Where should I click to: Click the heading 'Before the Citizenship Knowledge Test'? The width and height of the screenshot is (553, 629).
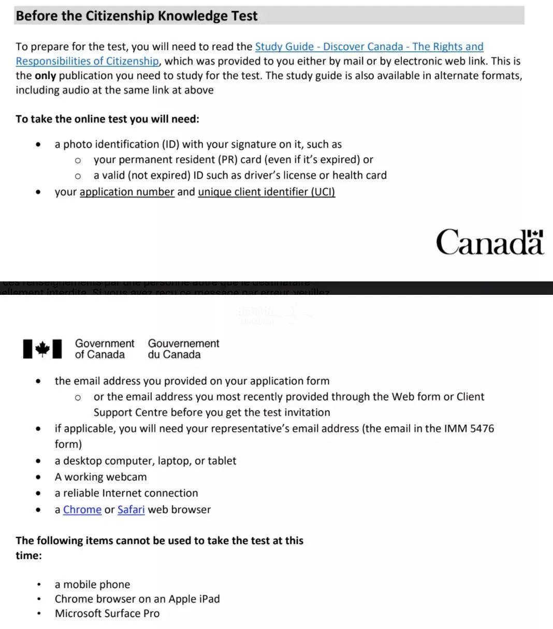137,16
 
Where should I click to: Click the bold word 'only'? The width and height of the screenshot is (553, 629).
45,76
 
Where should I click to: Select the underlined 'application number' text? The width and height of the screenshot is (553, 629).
127,192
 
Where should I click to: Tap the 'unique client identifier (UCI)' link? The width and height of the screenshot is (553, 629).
266,192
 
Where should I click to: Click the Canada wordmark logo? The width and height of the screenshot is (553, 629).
489,242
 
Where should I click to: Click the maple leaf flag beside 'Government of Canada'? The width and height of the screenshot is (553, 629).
42,349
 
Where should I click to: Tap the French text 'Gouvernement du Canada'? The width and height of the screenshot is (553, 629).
183,349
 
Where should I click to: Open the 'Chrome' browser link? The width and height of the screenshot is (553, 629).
82,510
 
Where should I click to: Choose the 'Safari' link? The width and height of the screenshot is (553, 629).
131,510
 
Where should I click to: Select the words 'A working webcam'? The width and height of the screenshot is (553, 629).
100,477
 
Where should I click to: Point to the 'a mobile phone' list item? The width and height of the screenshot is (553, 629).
92,585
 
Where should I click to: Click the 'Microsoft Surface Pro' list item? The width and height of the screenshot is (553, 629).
107,613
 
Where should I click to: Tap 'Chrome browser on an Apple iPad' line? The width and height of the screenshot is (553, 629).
137,599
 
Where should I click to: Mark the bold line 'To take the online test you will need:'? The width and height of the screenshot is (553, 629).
107,119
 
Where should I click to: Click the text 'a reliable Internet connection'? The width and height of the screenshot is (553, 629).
126,493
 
